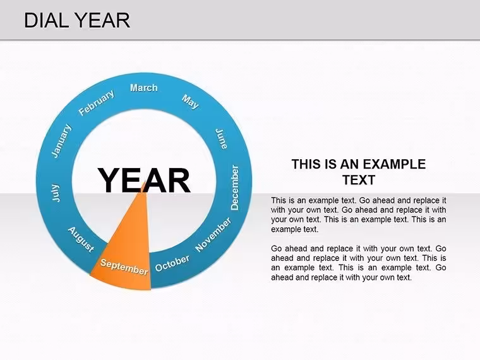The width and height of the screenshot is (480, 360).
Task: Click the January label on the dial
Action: tap(61, 141)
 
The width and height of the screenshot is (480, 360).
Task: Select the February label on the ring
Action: tap(97, 102)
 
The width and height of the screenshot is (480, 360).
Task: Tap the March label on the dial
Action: tap(143, 88)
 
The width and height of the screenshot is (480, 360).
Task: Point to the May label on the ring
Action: tap(190, 102)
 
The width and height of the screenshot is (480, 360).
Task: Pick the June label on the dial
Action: tap(222, 139)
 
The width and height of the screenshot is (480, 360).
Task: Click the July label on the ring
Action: tap(56, 193)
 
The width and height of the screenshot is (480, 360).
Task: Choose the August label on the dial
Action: tap(81, 240)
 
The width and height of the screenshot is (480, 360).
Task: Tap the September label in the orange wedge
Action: tap(124, 267)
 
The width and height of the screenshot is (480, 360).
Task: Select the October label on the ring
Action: tap(172, 263)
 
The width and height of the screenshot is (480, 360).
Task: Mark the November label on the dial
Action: tap(213, 234)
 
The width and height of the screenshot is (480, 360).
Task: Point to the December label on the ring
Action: tap(235, 188)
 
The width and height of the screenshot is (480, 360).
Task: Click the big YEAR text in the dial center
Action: tap(144, 180)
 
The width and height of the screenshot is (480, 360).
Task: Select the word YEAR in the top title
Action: tap(102, 20)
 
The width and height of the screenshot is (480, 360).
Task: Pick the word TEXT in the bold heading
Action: tap(359, 180)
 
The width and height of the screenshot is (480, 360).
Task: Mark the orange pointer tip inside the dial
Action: tap(144, 181)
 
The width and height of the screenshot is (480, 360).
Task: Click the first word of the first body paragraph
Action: tap(279, 200)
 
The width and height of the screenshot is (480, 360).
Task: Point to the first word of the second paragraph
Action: tap(276, 248)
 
